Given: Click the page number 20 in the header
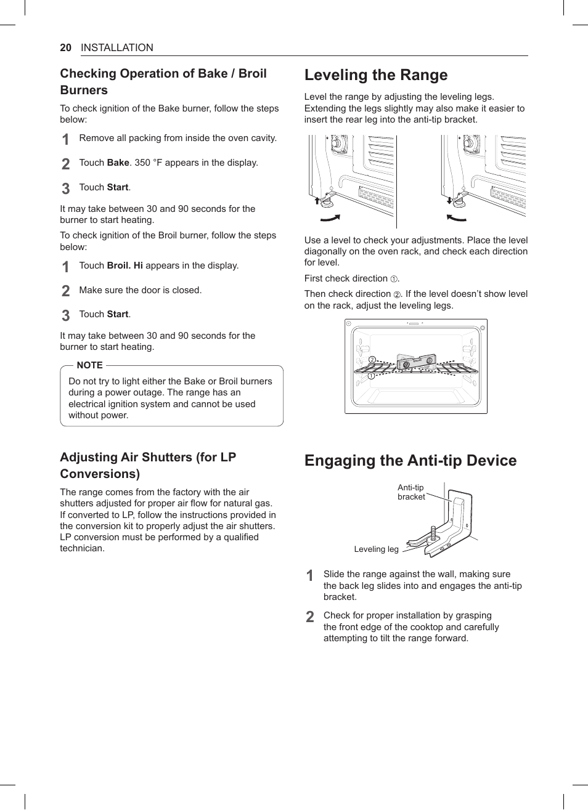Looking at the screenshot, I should [66, 48].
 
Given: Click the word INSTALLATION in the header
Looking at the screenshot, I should [117, 48].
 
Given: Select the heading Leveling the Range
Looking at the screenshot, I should [376, 75].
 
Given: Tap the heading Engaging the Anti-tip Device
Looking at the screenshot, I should [410, 461].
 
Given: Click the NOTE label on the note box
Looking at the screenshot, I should [89, 365].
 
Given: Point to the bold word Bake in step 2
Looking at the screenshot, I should [118, 163].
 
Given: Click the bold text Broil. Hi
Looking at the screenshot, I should [125, 265].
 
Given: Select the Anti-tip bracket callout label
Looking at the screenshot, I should [410, 492].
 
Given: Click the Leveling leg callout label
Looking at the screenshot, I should [376, 549].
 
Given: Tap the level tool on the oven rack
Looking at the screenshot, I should [417, 363].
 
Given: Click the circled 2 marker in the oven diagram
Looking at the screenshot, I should [372, 360].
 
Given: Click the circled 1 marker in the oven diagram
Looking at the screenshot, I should [372, 376].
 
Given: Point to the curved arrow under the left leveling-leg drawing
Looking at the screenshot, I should [330, 218].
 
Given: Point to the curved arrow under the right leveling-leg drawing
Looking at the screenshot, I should [456, 218].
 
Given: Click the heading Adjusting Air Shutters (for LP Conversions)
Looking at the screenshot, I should [148, 465].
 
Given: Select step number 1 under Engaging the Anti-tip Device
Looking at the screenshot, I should [310, 576].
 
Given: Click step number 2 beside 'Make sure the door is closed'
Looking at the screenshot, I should [65, 291].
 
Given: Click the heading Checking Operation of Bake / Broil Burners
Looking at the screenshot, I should [163, 81].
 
